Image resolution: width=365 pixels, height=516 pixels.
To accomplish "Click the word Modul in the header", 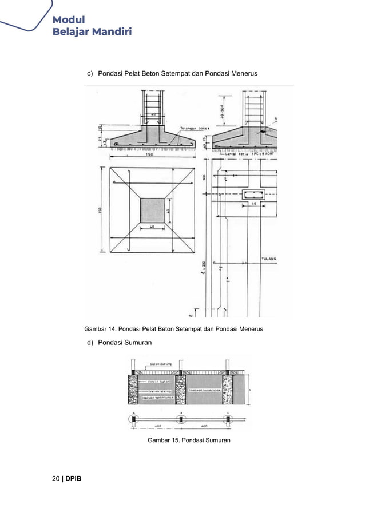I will click(69, 20).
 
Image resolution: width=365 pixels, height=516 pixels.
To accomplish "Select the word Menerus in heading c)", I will click(243, 74).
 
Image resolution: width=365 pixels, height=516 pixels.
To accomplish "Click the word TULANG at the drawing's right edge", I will click(269, 259).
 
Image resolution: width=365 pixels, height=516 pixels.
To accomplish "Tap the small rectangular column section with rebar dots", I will click(253, 195).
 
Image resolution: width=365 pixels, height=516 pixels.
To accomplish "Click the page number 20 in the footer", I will click(56, 478).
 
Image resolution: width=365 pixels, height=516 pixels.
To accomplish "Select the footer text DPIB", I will click(73, 478).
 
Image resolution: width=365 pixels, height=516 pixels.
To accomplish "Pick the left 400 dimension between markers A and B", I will click(157, 426).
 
